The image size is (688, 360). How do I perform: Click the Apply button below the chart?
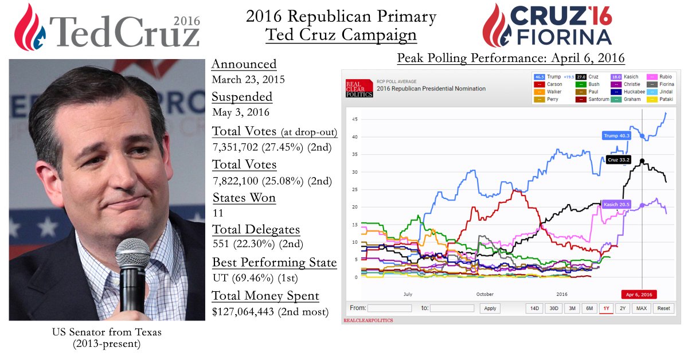490,308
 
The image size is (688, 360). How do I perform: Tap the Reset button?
663,308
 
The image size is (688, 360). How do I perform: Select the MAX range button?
642,308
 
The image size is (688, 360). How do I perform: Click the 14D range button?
534,308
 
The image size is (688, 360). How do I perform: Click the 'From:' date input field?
389,308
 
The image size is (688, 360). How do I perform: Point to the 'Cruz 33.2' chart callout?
617,160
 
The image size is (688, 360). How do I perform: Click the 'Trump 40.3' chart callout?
616,136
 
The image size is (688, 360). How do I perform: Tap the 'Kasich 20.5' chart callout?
616,204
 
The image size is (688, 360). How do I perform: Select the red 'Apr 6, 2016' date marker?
639,294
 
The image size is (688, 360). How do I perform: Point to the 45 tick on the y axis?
355,119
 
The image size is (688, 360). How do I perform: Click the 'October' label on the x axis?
484,294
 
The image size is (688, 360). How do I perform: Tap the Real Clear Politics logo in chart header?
359,88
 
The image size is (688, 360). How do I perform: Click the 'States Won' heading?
244,198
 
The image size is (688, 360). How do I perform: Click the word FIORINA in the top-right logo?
564,38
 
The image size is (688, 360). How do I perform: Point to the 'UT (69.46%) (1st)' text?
251,278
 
